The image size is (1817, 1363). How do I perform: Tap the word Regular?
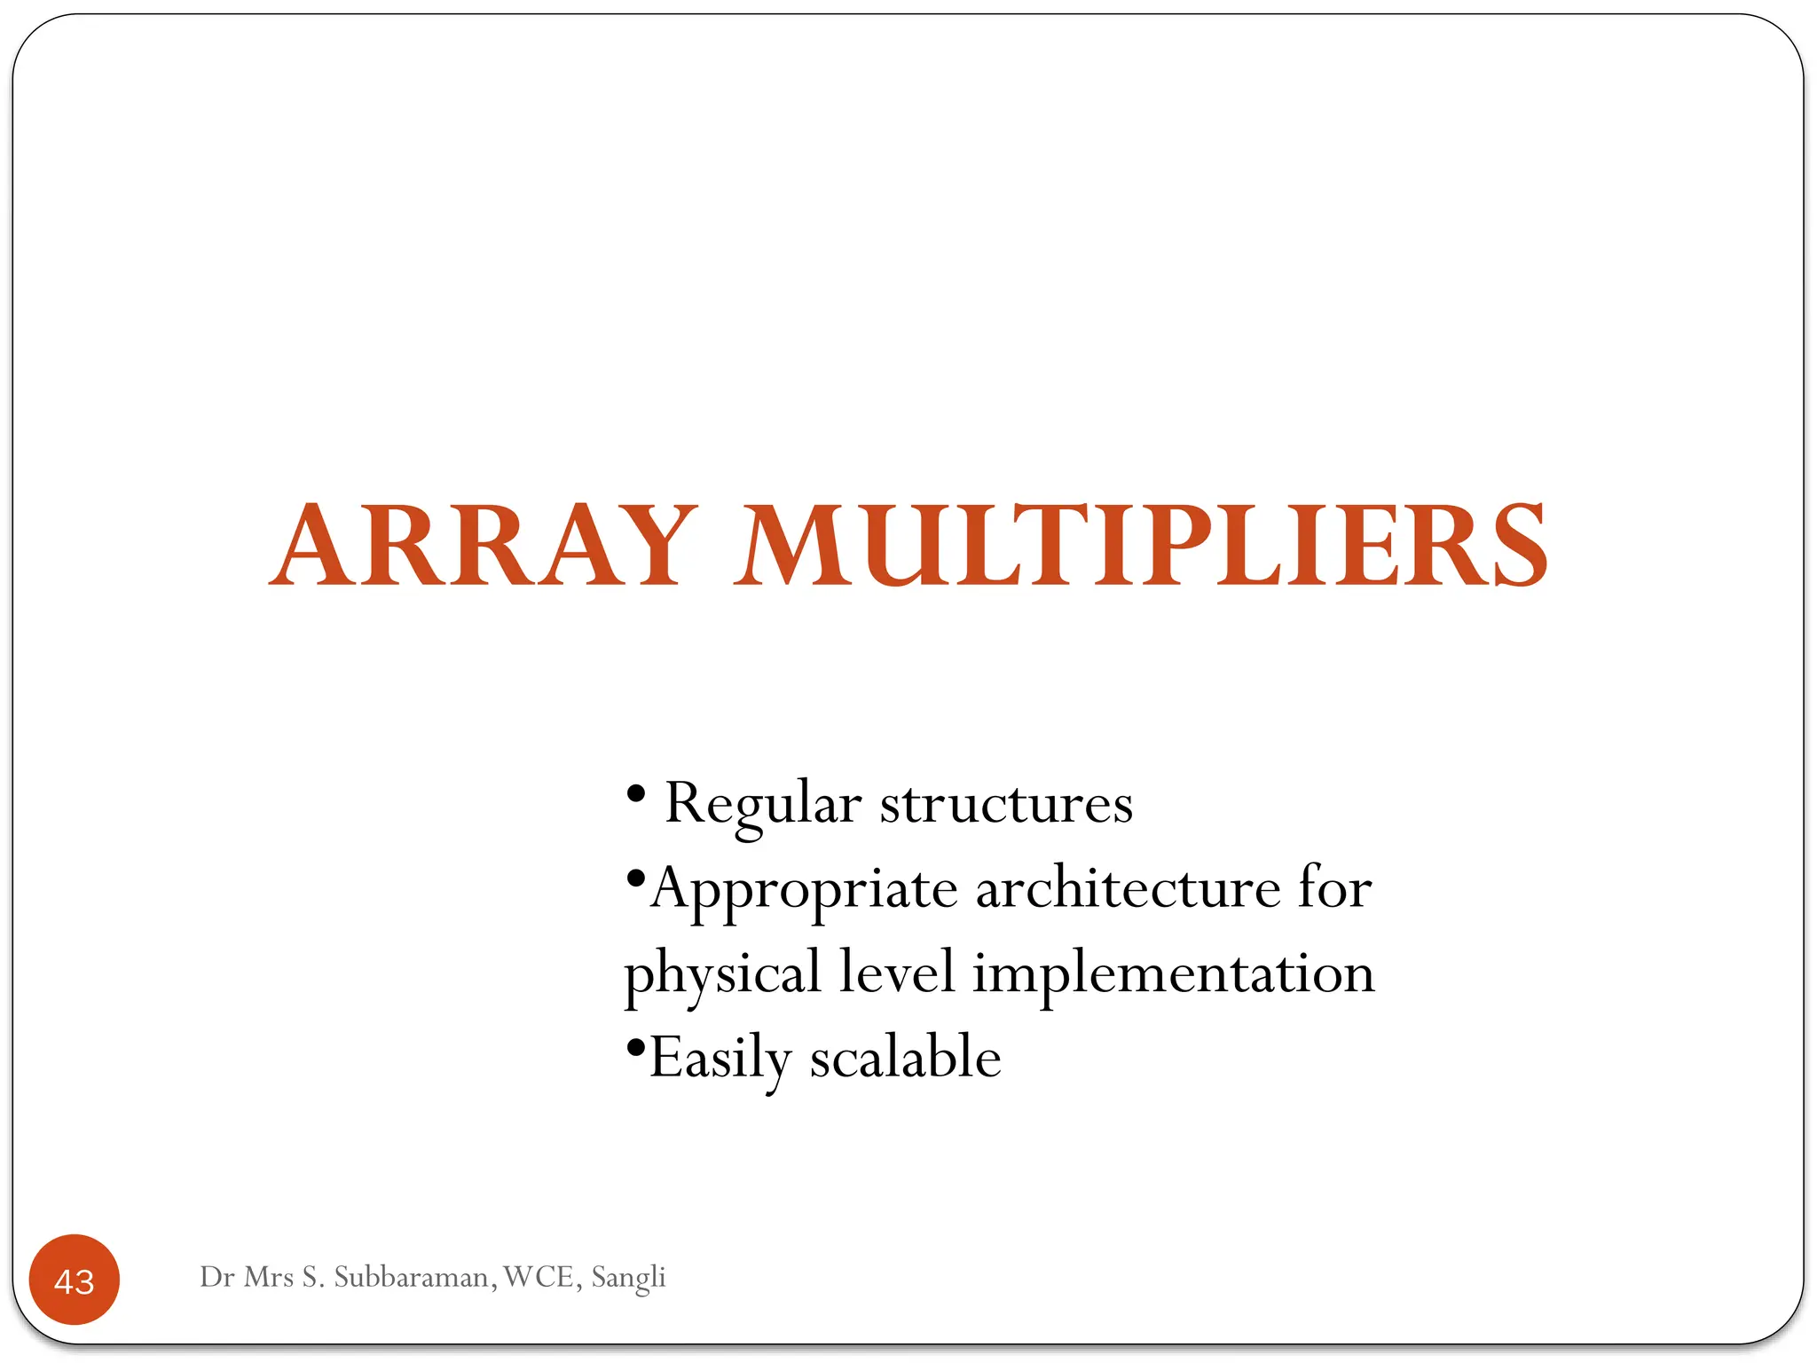point(763,804)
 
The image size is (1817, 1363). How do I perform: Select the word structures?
point(1006,804)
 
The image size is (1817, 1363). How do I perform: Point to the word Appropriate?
point(804,889)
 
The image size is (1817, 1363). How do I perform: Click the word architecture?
point(1128,887)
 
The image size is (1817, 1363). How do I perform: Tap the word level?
point(897,972)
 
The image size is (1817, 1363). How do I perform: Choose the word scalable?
point(905,1058)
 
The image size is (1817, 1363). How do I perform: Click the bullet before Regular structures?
point(635,792)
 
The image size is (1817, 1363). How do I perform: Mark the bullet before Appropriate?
point(634,879)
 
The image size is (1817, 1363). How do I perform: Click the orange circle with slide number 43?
point(75,1280)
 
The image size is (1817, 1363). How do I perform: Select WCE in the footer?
point(539,1277)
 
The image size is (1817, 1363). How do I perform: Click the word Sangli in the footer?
point(628,1278)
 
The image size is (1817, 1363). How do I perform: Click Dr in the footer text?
point(216,1277)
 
